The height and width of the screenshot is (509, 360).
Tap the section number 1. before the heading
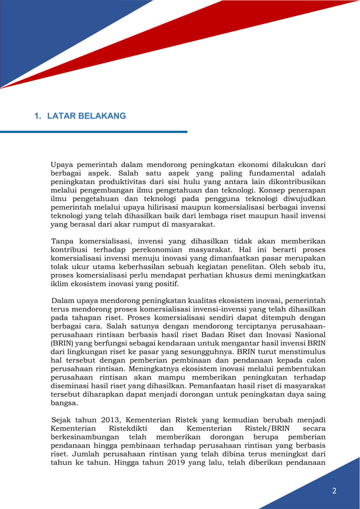point(38,116)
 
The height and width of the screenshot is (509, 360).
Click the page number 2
point(334,491)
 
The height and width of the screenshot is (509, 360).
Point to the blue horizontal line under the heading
point(93,132)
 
